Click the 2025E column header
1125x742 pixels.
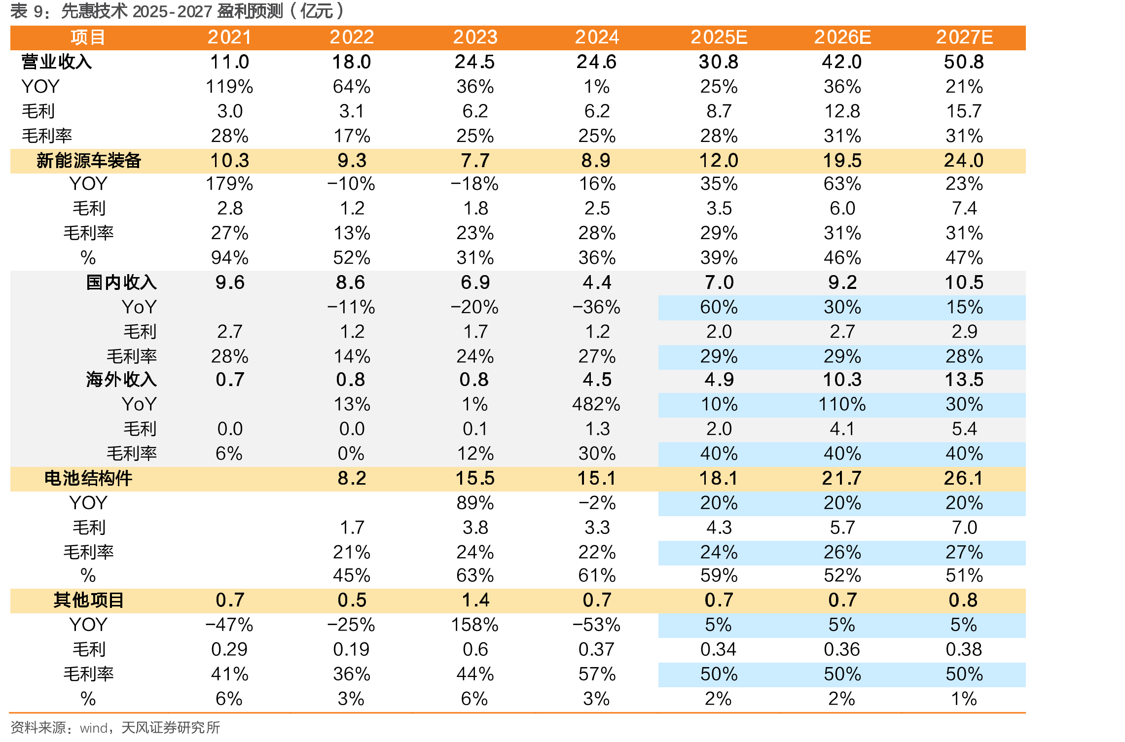[x=719, y=37]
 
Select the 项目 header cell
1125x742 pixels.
[x=88, y=37]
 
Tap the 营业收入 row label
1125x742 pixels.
[x=57, y=62]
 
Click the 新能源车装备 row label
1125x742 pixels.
[x=89, y=161]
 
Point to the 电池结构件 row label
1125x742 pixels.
[x=88, y=478]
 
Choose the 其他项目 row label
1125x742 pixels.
[x=89, y=600]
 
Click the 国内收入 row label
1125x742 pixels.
[x=121, y=283]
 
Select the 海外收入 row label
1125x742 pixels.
[x=121, y=380]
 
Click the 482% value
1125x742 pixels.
[x=596, y=404]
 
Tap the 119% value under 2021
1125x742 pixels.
[x=229, y=87]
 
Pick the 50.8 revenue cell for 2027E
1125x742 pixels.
[x=964, y=62]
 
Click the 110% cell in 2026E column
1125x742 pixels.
[x=842, y=404]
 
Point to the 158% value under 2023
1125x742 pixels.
[x=474, y=625]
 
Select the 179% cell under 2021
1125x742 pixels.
[x=229, y=184]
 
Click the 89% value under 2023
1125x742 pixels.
[x=475, y=503]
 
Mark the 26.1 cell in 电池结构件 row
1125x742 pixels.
[x=964, y=478]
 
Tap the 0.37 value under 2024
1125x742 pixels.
[x=597, y=649]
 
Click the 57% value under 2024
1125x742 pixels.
[x=597, y=674]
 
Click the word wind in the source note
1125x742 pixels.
[x=94, y=728]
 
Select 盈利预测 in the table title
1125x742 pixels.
[x=250, y=11]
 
